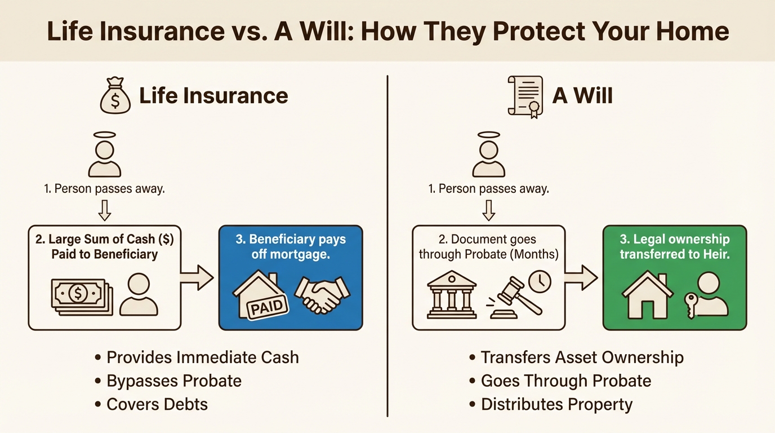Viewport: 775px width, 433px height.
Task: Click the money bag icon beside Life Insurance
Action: pos(115,96)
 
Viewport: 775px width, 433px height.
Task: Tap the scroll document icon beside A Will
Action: pos(525,96)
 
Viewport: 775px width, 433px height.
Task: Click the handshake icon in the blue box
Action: pos(322,294)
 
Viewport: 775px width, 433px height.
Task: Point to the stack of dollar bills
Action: pos(82,294)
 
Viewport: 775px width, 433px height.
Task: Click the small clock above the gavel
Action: pos(540,280)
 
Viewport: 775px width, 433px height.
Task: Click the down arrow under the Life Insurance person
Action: pos(105,211)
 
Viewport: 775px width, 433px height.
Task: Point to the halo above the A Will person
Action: pos(489,135)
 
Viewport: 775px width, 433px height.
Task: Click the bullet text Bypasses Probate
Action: pos(173,381)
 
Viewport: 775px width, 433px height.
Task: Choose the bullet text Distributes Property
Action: pos(556,404)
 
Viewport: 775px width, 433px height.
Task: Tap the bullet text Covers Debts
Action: pos(157,404)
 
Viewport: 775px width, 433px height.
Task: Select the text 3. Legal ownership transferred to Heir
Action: pos(674,246)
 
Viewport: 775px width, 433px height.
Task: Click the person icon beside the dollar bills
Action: pos(139,294)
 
